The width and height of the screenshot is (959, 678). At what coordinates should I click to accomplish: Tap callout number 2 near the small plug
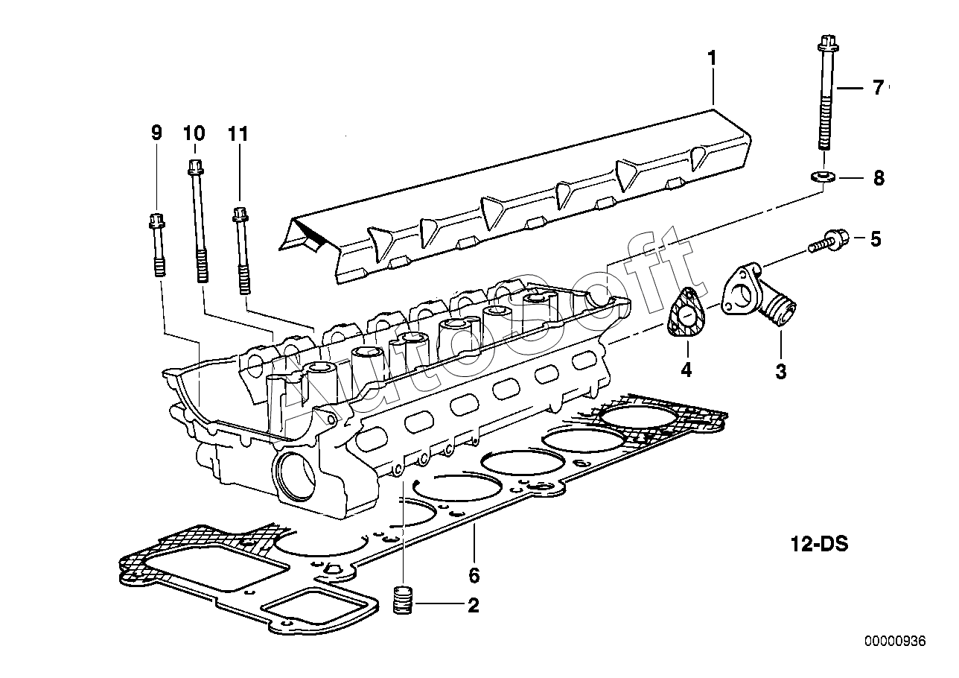(473, 605)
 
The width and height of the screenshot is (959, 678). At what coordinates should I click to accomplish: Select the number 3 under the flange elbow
(780, 370)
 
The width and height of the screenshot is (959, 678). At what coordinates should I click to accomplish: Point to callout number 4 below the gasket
(685, 368)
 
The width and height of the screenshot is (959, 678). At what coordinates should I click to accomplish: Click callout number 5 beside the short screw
(875, 239)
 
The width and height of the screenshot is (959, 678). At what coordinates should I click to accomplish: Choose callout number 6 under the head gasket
(474, 574)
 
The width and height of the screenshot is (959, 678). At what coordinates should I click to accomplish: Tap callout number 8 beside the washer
(879, 178)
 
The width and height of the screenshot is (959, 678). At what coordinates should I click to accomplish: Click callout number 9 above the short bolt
(156, 133)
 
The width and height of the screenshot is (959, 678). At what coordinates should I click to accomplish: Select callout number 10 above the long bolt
(193, 133)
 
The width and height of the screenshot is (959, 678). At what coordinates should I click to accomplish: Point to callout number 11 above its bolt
(238, 133)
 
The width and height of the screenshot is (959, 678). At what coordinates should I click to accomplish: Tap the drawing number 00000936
(894, 641)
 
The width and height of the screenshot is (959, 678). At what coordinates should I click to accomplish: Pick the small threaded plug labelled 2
(403, 599)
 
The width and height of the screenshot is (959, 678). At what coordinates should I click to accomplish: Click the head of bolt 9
(156, 221)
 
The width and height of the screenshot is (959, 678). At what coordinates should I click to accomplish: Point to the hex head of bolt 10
(194, 166)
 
